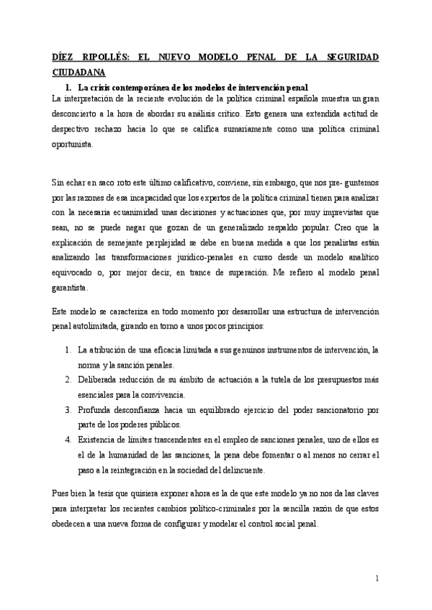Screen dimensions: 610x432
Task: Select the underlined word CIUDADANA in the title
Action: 79,73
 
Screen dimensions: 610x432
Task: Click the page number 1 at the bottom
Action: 377,578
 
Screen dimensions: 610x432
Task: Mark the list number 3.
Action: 68,411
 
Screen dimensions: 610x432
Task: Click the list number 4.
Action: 68,440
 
